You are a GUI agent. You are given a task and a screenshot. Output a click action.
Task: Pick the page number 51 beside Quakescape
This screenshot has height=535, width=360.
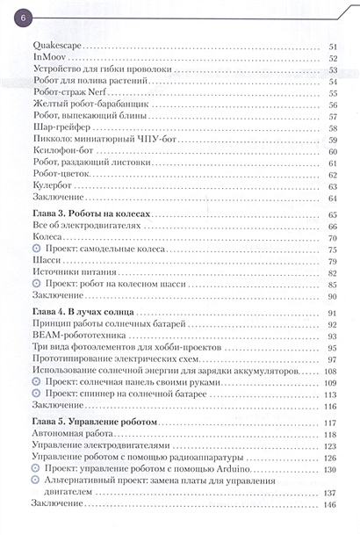pos(333,46)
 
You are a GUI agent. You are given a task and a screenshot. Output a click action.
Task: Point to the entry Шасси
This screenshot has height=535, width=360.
pos(46,260)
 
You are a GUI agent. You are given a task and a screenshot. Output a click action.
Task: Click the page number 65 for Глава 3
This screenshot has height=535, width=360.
pos(333,214)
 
